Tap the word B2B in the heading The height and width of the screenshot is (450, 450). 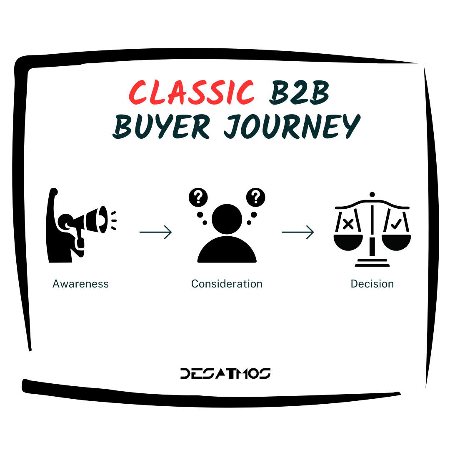[299, 92]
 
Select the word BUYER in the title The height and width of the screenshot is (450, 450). [161, 126]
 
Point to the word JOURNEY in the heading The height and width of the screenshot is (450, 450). [292, 126]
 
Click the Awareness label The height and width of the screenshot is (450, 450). [81, 284]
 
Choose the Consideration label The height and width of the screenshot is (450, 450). [227, 284]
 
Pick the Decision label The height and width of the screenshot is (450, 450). [372, 284]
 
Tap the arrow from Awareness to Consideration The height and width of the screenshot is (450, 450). [155, 232]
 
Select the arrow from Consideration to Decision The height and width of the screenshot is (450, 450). [298, 232]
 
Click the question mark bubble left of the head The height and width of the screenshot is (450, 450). [198, 197]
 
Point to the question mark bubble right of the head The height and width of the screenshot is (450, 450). [256, 197]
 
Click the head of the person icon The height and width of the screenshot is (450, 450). [227, 219]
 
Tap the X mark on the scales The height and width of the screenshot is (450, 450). [348, 224]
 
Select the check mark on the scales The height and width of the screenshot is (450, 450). [396, 224]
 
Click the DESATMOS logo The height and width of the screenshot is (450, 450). [225, 373]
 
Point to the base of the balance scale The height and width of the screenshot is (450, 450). [372, 262]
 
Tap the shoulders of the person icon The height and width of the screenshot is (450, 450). [227, 250]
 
